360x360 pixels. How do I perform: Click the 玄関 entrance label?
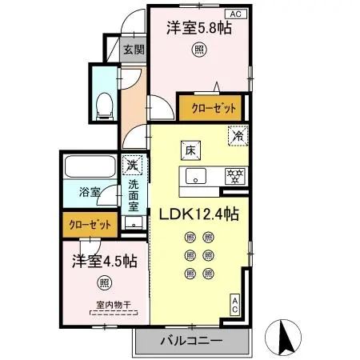click(133, 49)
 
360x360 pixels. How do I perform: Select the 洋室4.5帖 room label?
click(105, 261)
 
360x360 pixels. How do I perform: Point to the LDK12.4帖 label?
click(200, 214)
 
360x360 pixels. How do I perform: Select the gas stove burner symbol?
click(235, 174)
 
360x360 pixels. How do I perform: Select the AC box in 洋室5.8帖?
click(236, 14)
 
